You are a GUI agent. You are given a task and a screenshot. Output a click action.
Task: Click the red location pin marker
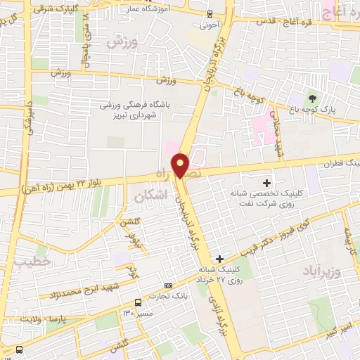(181, 165)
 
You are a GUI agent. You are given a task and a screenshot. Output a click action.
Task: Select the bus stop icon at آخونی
(210, 14)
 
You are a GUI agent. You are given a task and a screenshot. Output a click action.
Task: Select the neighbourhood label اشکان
(153, 196)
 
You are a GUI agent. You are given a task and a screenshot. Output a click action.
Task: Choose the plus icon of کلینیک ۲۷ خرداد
(221, 259)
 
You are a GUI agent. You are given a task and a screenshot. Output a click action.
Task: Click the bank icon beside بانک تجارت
(168, 285)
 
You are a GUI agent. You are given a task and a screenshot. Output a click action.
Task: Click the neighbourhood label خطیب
(31, 261)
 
